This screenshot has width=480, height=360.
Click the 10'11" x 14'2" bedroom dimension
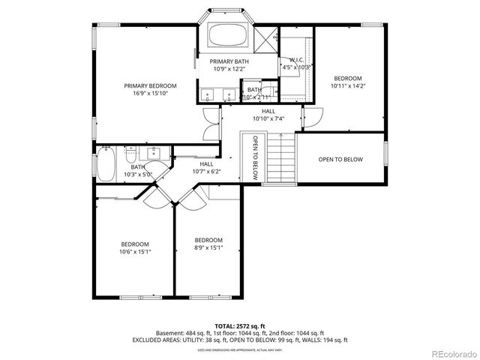click(x=347, y=86)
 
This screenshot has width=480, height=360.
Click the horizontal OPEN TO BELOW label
click(x=340, y=159)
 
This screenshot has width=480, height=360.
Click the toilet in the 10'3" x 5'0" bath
click(x=130, y=157)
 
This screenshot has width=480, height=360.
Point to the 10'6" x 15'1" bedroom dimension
click(x=135, y=252)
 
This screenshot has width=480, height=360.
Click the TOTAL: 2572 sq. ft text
click(x=239, y=326)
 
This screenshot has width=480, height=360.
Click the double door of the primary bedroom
click(x=211, y=124)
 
